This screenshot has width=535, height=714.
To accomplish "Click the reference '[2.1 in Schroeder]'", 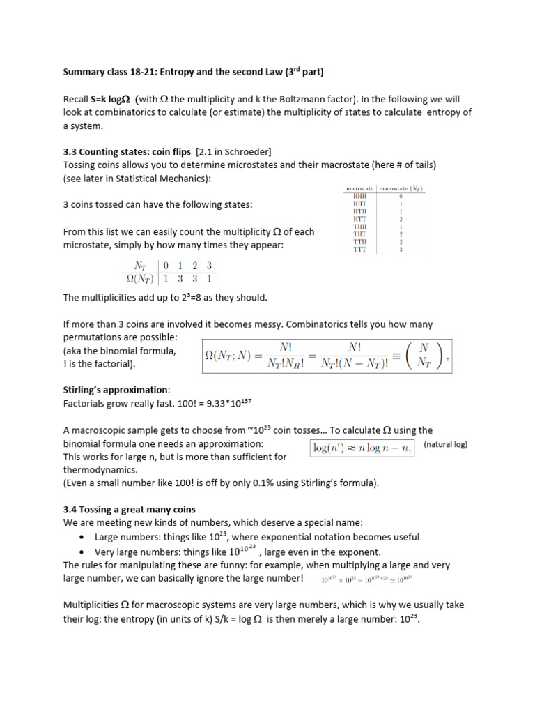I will [x=233, y=152].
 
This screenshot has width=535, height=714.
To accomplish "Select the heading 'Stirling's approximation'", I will [x=116, y=390].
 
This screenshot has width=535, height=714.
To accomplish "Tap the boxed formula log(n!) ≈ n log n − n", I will [x=362, y=448].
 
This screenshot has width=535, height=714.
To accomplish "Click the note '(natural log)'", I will [x=445, y=444].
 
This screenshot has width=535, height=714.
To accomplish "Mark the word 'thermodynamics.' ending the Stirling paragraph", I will [x=98, y=470].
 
